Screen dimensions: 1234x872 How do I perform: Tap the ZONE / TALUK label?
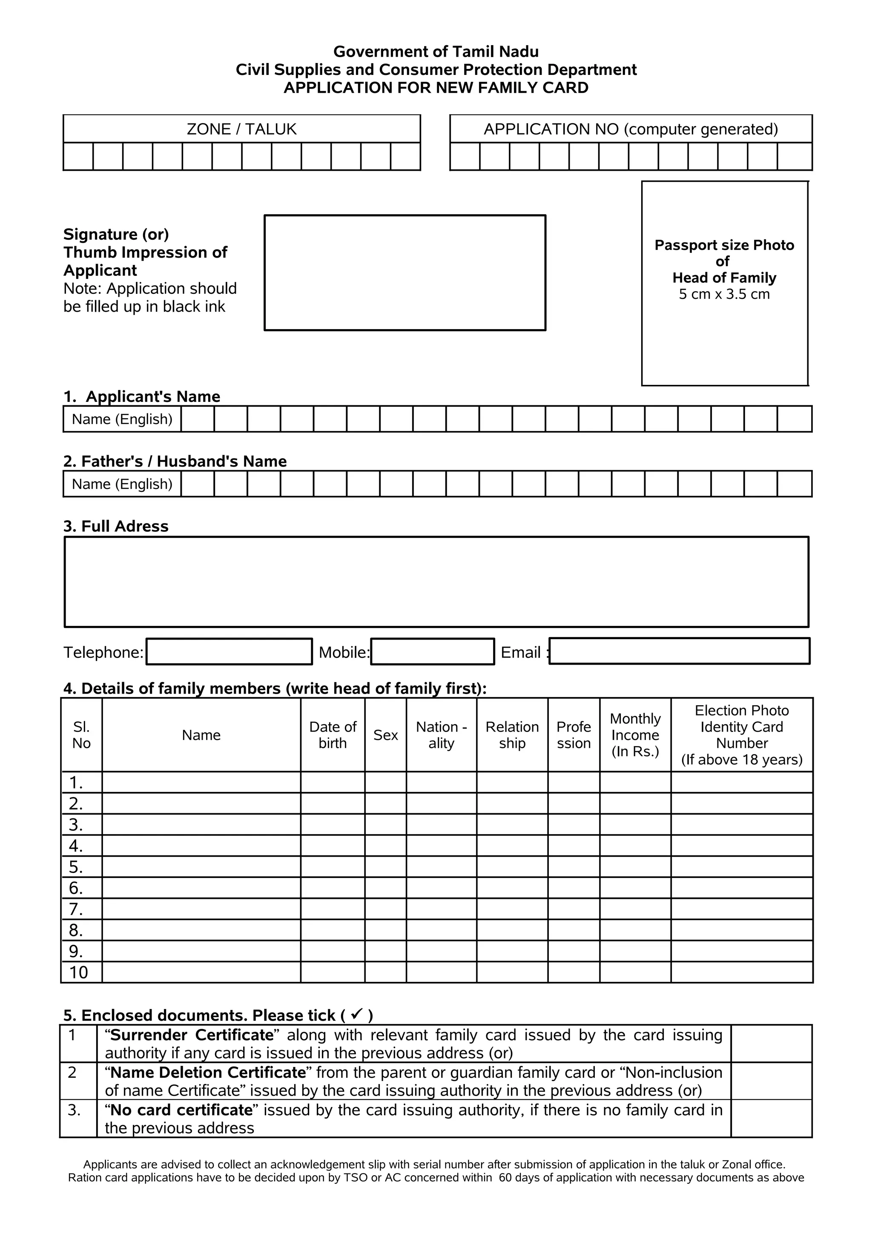tap(241, 129)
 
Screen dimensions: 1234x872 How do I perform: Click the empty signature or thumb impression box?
tap(404, 273)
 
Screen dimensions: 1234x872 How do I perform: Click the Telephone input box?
tap(229, 651)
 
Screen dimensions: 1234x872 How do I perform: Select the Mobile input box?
tap(433, 651)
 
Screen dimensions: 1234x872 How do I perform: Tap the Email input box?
tap(679, 651)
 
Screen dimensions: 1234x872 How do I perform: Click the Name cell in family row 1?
tap(201, 783)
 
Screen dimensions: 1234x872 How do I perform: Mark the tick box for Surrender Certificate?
tap(771, 1043)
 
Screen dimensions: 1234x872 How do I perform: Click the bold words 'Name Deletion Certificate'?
tap(208, 1072)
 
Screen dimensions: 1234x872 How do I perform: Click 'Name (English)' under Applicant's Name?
tap(122, 419)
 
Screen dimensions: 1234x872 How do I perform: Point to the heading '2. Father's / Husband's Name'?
tap(175, 461)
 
